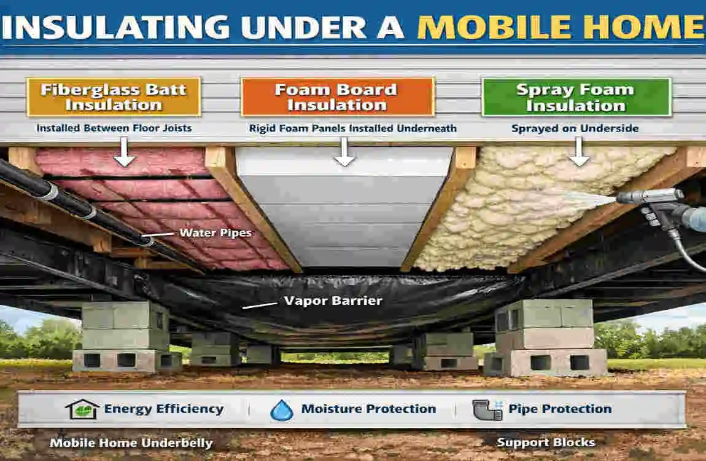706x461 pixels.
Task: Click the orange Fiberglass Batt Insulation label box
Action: point(114,97)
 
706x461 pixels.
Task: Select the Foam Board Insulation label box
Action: point(337,97)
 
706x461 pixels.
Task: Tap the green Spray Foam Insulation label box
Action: point(575,97)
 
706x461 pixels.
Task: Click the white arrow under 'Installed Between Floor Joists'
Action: point(125,152)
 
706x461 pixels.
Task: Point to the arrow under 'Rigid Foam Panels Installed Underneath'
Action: point(344,152)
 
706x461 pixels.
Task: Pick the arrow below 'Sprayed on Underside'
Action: point(578,152)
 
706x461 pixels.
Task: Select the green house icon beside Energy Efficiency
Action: point(82,409)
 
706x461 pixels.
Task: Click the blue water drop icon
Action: point(282,410)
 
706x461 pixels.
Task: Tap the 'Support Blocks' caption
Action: point(546,442)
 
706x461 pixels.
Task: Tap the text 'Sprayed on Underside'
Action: point(575,128)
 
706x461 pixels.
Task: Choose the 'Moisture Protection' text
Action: point(368,409)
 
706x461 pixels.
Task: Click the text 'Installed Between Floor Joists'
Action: point(114,128)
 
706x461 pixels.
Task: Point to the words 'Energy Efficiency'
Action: point(164,409)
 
